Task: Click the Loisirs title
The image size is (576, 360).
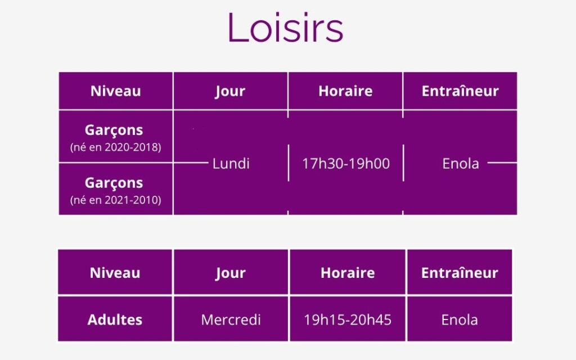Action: click(285, 28)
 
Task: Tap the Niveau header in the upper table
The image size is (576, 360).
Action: click(116, 91)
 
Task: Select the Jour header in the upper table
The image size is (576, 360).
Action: click(230, 91)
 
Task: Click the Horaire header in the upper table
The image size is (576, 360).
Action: click(345, 91)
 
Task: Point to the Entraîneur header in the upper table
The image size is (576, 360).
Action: click(460, 91)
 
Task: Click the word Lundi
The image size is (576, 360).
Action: click(231, 164)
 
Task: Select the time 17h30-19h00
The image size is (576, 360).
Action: click(346, 164)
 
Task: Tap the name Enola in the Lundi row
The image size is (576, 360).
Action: click(461, 164)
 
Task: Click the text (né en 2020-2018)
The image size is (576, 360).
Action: click(116, 147)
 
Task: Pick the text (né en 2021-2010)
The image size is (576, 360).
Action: click(116, 200)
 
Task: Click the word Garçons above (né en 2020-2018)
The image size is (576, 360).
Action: click(114, 130)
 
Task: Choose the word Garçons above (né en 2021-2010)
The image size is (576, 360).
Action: click(114, 183)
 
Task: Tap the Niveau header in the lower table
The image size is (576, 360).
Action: click(115, 273)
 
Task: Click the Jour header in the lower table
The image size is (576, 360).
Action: click(230, 273)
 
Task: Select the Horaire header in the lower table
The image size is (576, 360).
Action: click(348, 273)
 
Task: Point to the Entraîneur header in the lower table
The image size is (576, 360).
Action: click(460, 273)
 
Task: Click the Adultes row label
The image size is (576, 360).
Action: click(115, 319)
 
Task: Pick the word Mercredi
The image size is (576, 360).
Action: click(231, 319)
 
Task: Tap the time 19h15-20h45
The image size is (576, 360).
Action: click(348, 319)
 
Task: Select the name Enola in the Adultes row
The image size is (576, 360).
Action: click(460, 319)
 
